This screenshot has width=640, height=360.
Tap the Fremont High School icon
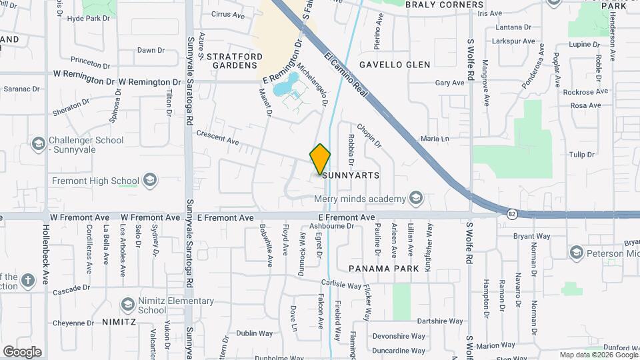[150, 181]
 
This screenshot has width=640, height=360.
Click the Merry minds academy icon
[417, 199]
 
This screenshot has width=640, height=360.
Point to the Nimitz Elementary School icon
[127, 305]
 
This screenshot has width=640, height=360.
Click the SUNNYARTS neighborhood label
[351, 175]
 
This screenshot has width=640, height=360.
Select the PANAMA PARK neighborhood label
[384, 269]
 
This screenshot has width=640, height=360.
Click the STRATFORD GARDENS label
[231, 61]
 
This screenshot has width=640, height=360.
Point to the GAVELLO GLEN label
[395, 65]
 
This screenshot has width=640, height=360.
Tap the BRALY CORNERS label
[444, 5]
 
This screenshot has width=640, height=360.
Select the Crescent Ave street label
[217, 138]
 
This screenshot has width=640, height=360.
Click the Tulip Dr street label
[581, 155]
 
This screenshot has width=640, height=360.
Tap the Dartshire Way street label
[435, 321]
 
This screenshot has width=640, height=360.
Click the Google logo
[22, 352]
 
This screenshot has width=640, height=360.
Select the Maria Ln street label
[435, 139]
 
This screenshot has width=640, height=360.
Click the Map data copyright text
[597, 355]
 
